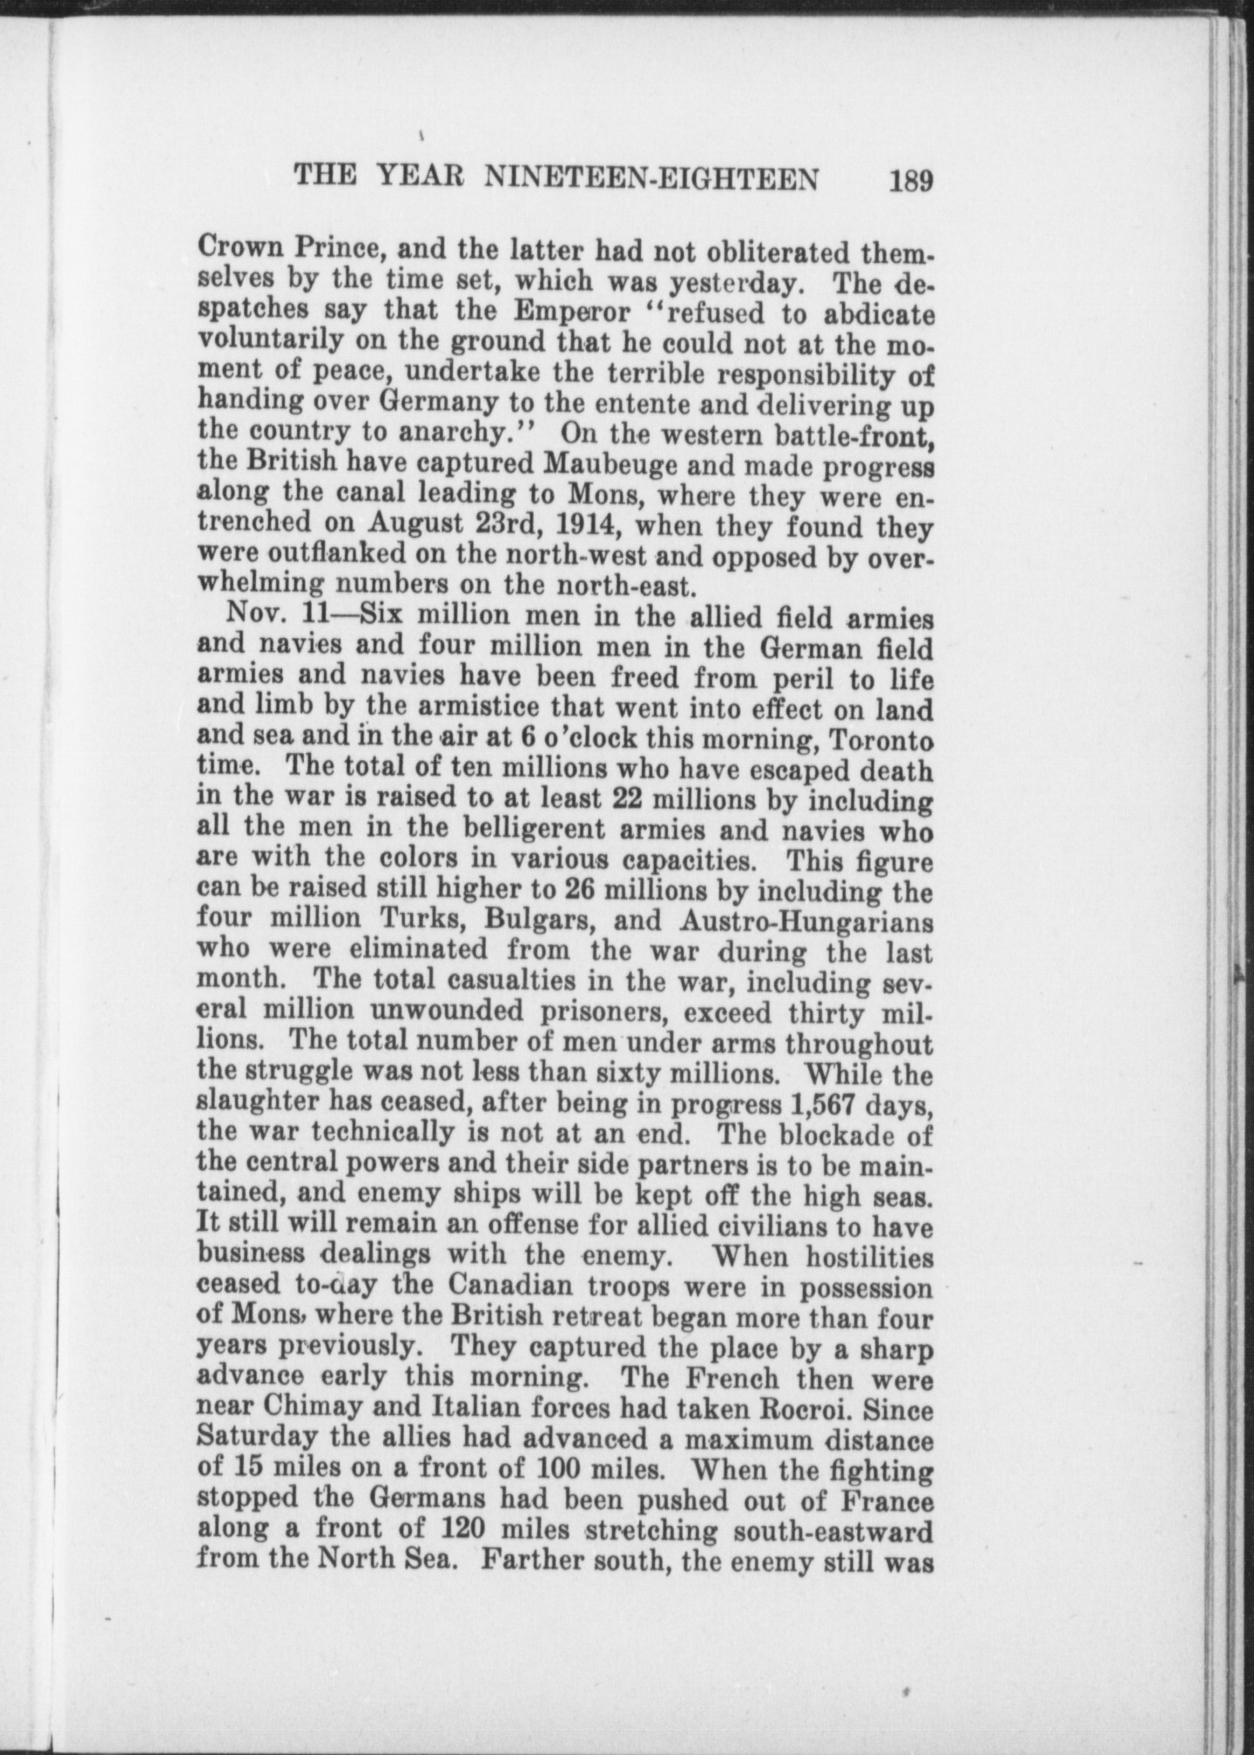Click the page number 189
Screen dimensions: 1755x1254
[x=911, y=181]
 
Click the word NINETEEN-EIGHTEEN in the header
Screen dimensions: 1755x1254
[x=651, y=179]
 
